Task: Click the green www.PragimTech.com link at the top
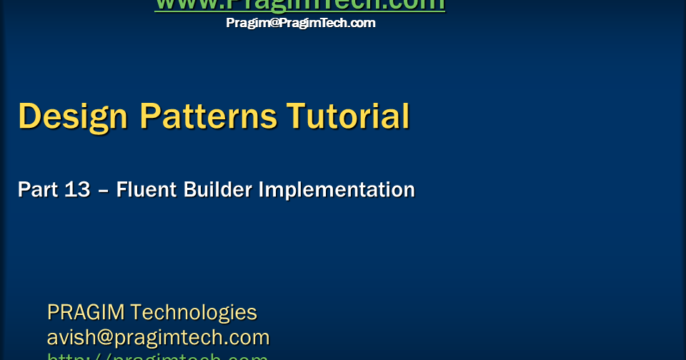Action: pos(299,5)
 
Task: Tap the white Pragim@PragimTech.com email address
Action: pos(300,23)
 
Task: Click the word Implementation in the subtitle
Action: pos(336,190)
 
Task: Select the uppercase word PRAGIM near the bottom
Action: pos(86,313)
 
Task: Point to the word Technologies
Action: pos(194,313)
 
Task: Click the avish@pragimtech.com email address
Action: pos(158,337)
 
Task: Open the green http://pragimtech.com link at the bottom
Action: pos(157,356)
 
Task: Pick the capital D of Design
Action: pos(29,116)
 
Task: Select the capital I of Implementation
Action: pos(262,190)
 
